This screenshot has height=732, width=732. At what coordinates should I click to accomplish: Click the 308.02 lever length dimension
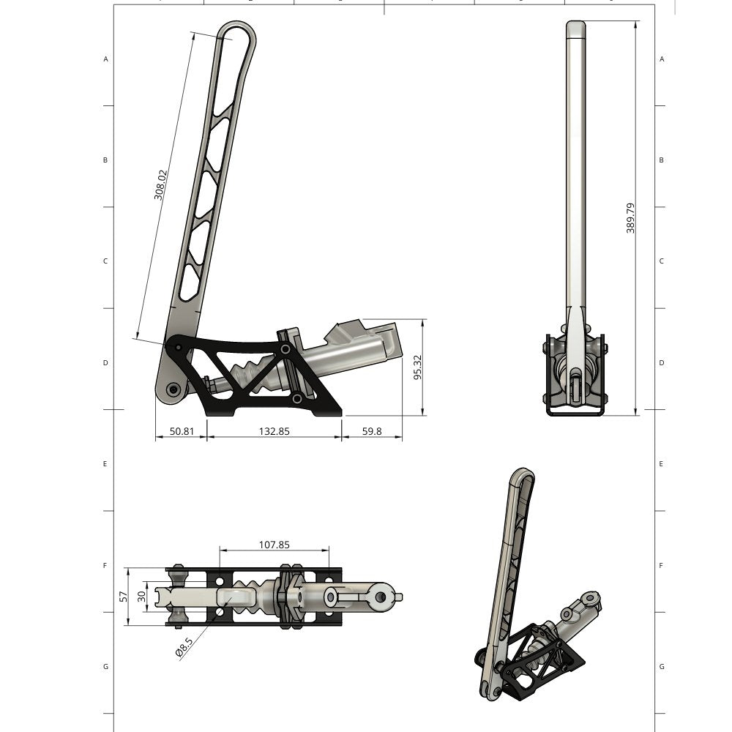pos(161,185)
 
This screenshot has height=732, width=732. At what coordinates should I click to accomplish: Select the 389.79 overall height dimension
pos(630,218)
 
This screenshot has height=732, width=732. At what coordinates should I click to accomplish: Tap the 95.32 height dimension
pos(417,367)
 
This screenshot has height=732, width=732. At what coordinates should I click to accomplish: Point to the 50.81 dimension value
pos(182,431)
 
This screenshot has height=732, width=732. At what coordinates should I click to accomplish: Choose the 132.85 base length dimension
pos(274,431)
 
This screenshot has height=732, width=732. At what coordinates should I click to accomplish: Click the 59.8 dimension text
pos(372,431)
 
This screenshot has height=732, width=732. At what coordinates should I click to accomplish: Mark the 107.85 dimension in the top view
pos(274,545)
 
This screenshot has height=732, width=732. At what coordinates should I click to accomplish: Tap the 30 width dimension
pos(142,597)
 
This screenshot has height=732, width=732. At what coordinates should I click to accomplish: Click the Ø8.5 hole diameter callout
pos(184,648)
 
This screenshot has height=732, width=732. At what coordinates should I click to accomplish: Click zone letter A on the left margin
pos(106,59)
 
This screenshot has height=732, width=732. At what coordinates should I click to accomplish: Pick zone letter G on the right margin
pos(662,667)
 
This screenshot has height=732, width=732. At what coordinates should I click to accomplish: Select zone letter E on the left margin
pos(106,464)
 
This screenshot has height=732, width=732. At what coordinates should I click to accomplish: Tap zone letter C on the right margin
pos(662,261)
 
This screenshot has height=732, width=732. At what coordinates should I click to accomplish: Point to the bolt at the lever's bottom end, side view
pos(173,389)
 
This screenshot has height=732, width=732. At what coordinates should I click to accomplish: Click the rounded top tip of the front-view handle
pos(576,27)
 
